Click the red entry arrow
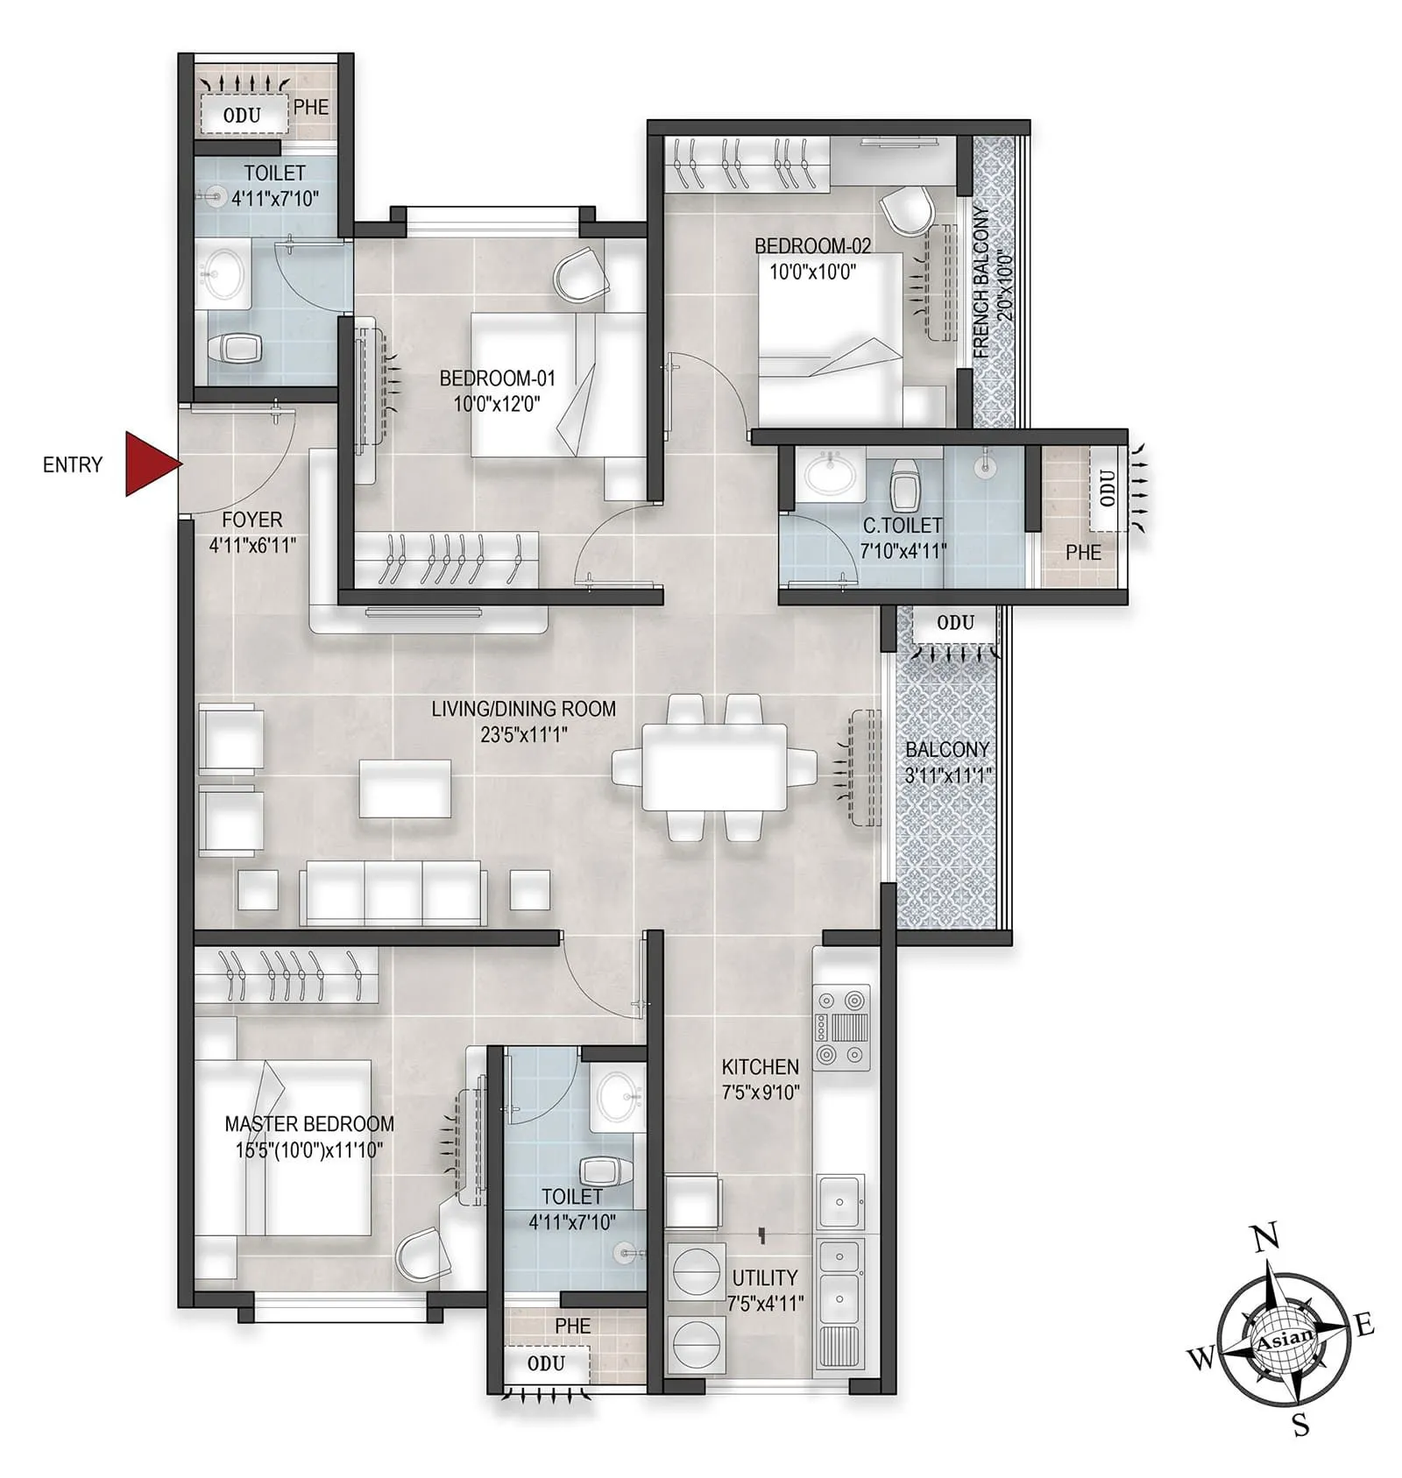coord(151,463)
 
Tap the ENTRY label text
coord(73,464)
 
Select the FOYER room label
coord(252,520)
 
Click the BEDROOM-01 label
coord(497,378)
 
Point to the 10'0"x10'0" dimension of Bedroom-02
coord(812,272)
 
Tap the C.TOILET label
coord(903,526)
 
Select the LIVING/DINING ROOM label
coord(523,709)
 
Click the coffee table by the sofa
coord(405,789)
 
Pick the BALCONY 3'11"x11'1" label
coord(947,762)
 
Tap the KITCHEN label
coord(760,1067)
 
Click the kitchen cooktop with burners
coord(842,1027)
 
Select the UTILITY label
coord(764,1277)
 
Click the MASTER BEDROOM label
coord(309,1124)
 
